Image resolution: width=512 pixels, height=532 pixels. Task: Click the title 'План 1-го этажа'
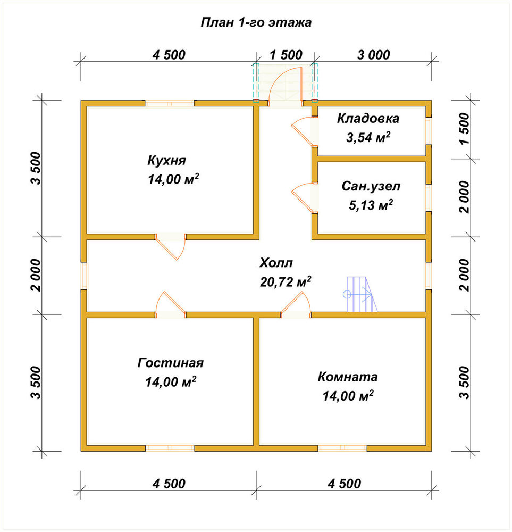tap(256, 22)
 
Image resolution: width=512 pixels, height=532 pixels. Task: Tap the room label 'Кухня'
tap(166, 160)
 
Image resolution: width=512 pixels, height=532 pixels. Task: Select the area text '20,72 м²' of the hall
tap(286, 281)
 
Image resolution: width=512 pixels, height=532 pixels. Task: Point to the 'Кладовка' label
tap(368, 119)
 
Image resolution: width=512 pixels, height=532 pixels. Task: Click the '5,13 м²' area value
tap(371, 205)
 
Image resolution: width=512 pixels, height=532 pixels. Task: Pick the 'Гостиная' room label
tap(171, 363)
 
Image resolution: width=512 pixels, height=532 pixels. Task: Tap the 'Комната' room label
tap(348, 377)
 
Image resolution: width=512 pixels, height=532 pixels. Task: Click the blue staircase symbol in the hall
tap(362, 294)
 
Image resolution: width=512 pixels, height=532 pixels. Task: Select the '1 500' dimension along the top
tap(286, 55)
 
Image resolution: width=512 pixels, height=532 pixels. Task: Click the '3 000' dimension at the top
tap(374, 55)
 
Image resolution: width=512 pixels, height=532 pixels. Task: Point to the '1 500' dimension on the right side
tap(465, 129)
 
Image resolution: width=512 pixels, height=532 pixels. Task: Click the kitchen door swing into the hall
tap(171, 247)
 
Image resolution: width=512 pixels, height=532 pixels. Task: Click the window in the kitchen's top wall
tap(170, 104)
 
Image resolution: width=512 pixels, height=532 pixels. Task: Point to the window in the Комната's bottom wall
tap(342, 448)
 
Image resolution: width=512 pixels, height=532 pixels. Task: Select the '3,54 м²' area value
tap(368, 137)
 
